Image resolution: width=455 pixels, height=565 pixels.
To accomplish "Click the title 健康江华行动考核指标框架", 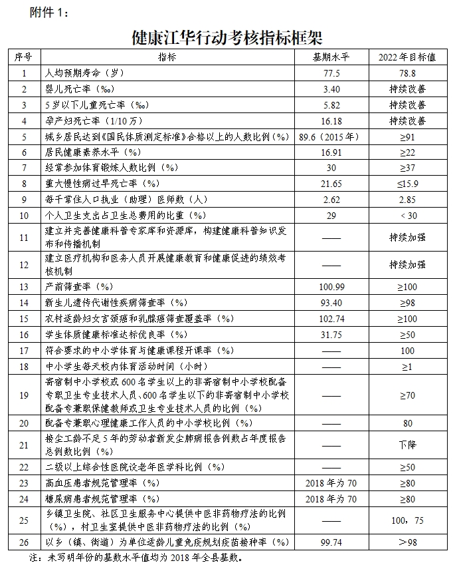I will pyautogui.click(x=227, y=36).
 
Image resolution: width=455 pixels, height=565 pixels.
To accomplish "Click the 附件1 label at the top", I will pyautogui.click(x=49, y=11).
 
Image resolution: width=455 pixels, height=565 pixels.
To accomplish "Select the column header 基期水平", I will pyautogui.click(x=331, y=57).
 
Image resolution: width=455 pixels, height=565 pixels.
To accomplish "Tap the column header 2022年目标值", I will pyautogui.click(x=407, y=57).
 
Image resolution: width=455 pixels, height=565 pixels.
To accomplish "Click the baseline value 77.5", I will pyautogui.click(x=331, y=73).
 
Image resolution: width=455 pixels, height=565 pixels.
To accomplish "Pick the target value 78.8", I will pyautogui.click(x=407, y=73).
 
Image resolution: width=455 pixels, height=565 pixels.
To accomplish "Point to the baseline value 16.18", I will pyautogui.click(x=331, y=120).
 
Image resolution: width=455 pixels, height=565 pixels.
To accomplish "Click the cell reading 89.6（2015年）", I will pyautogui.click(x=330, y=136).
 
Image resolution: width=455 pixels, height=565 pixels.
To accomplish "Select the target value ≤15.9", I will pyautogui.click(x=407, y=184).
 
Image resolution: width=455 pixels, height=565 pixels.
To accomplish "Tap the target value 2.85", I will pyautogui.click(x=407, y=200).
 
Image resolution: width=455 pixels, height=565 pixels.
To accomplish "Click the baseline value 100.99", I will pyautogui.click(x=331, y=287).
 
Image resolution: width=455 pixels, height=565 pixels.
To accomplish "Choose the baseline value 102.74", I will pyautogui.click(x=331, y=319).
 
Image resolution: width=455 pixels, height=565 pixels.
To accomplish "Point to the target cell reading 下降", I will pyautogui.click(x=407, y=443).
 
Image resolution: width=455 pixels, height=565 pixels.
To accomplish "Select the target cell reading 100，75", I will pyautogui.click(x=407, y=520).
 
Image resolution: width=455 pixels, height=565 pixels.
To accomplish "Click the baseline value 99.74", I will pyautogui.click(x=331, y=542).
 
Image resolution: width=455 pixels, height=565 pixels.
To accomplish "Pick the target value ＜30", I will pyautogui.click(x=407, y=216).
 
